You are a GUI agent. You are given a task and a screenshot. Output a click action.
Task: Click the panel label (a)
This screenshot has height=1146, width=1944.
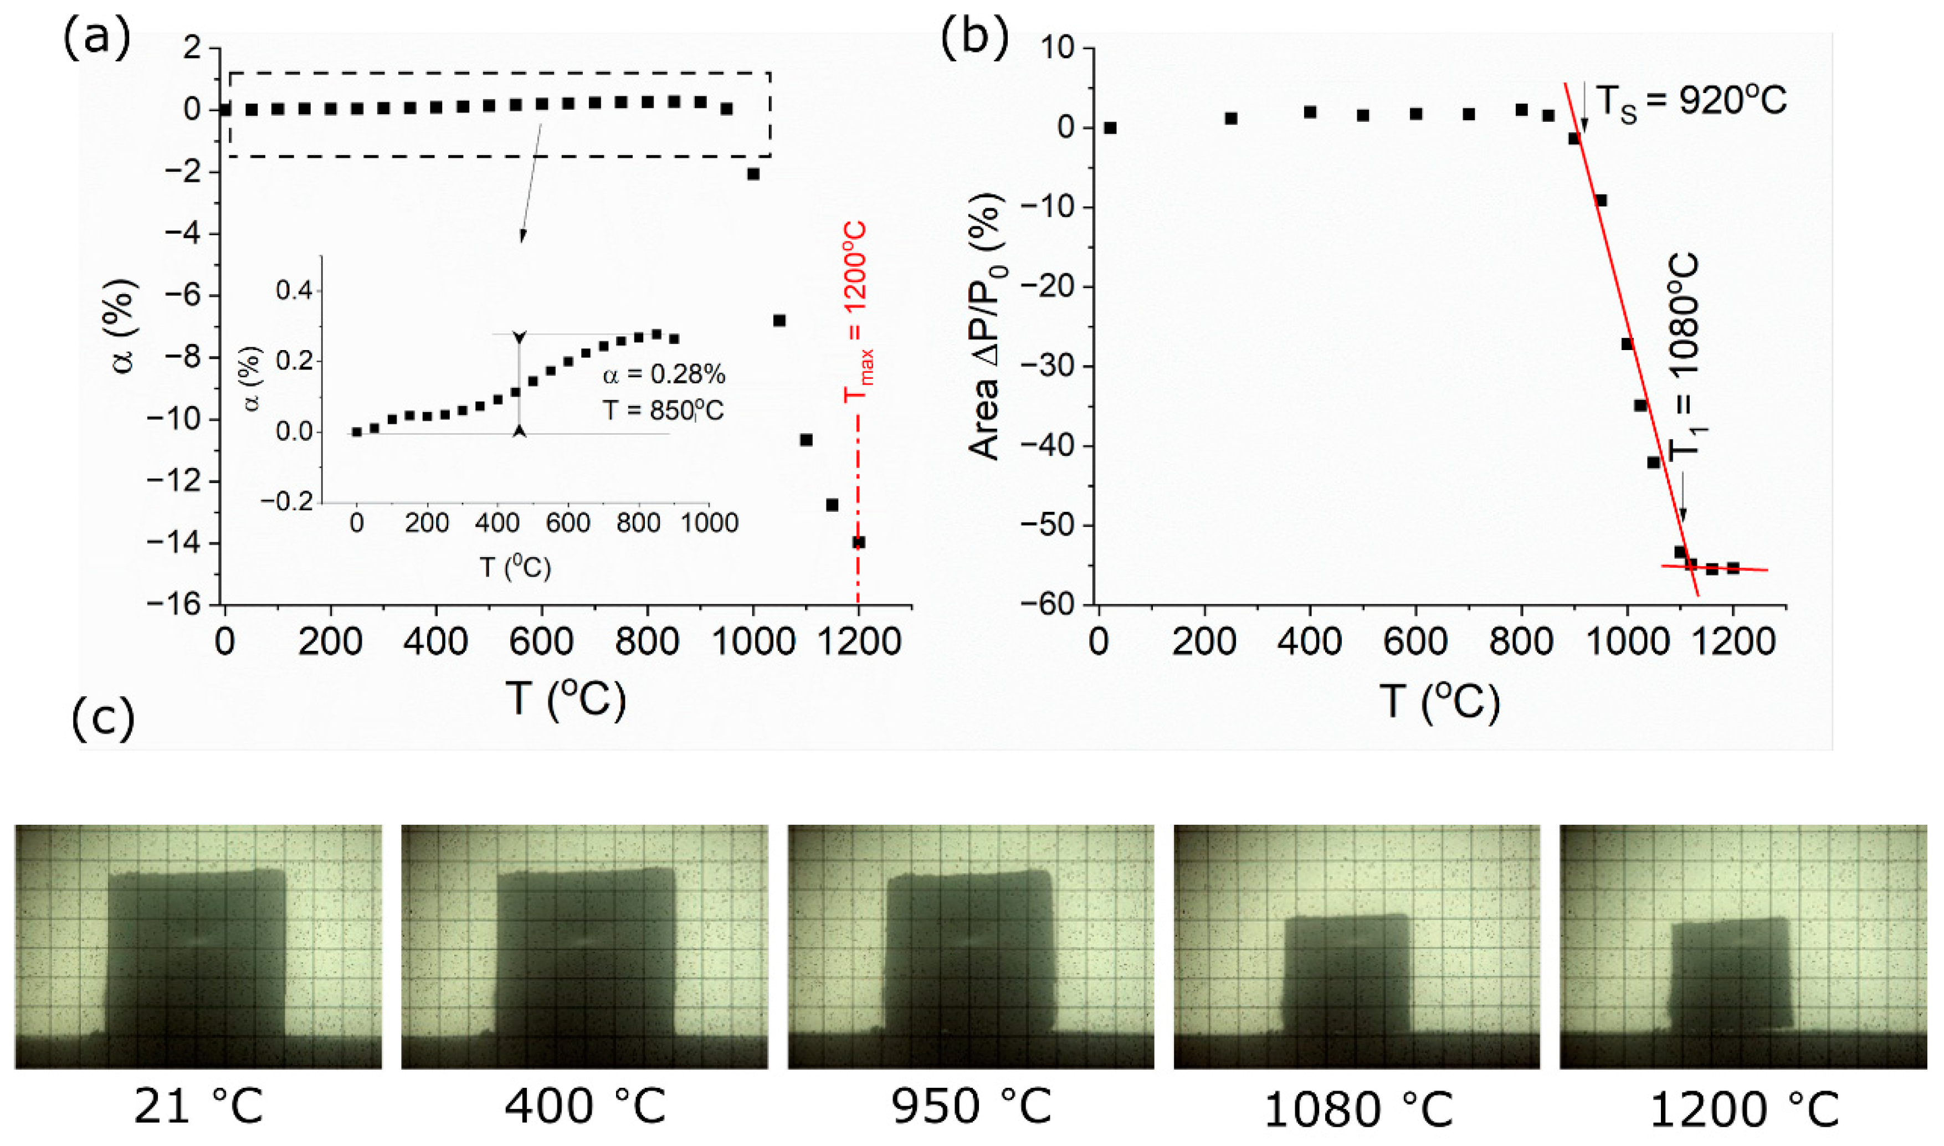click(96, 37)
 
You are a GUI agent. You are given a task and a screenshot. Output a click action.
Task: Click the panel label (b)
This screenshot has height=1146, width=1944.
click(974, 37)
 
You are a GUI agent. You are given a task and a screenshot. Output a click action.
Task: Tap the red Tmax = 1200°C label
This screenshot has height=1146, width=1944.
click(856, 313)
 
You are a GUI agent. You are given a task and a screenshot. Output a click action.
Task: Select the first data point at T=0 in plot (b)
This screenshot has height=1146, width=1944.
click(1110, 127)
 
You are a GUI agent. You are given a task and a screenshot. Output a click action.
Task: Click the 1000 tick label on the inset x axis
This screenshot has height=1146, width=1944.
click(709, 523)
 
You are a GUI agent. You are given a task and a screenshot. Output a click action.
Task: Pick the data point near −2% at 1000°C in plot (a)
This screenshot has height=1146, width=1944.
click(753, 174)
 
